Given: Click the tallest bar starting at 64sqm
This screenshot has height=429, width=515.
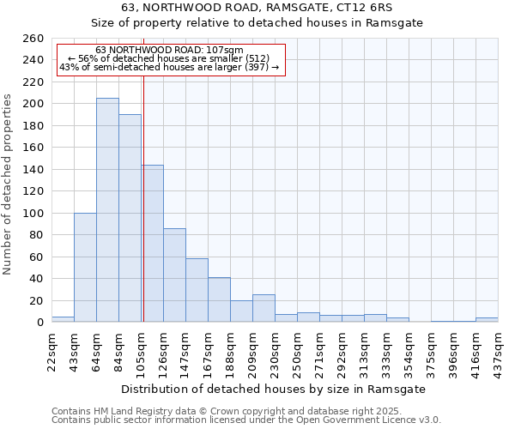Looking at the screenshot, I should pos(107,210).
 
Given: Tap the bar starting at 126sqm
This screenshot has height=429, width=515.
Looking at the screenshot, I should pos(174,275).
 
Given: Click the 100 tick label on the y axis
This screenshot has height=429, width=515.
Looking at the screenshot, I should pos(33,214).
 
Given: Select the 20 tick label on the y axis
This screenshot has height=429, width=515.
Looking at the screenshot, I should pos(36,301).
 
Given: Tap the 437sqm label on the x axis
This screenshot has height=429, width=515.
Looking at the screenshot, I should pos(504,351).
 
